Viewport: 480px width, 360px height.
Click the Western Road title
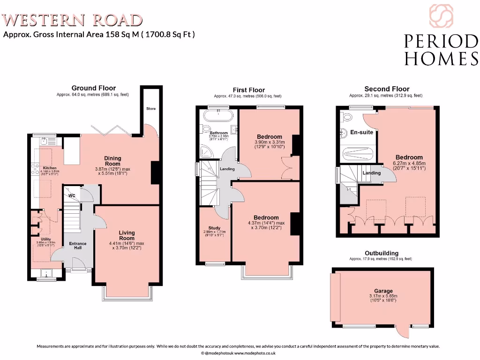(x=73, y=20)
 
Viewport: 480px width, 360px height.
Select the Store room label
(x=150, y=109)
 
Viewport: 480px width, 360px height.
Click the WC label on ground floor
(x=72, y=195)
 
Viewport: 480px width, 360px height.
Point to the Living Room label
(x=127, y=235)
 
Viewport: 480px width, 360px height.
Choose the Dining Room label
(x=112, y=161)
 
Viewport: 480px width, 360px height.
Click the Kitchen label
(x=50, y=168)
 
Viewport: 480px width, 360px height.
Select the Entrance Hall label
(x=78, y=246)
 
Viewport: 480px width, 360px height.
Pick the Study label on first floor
(x=214, y=228)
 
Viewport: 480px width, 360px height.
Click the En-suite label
(x=362, y=132)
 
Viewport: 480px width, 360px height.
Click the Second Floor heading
(x=387, y=89)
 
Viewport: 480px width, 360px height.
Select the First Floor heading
(x=248, y=90)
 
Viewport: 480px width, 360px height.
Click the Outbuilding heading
(x=382, y=253)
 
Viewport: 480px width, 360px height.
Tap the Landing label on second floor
(x=372, y=173)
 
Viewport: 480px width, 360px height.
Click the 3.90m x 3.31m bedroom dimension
(x=269, y=142)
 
